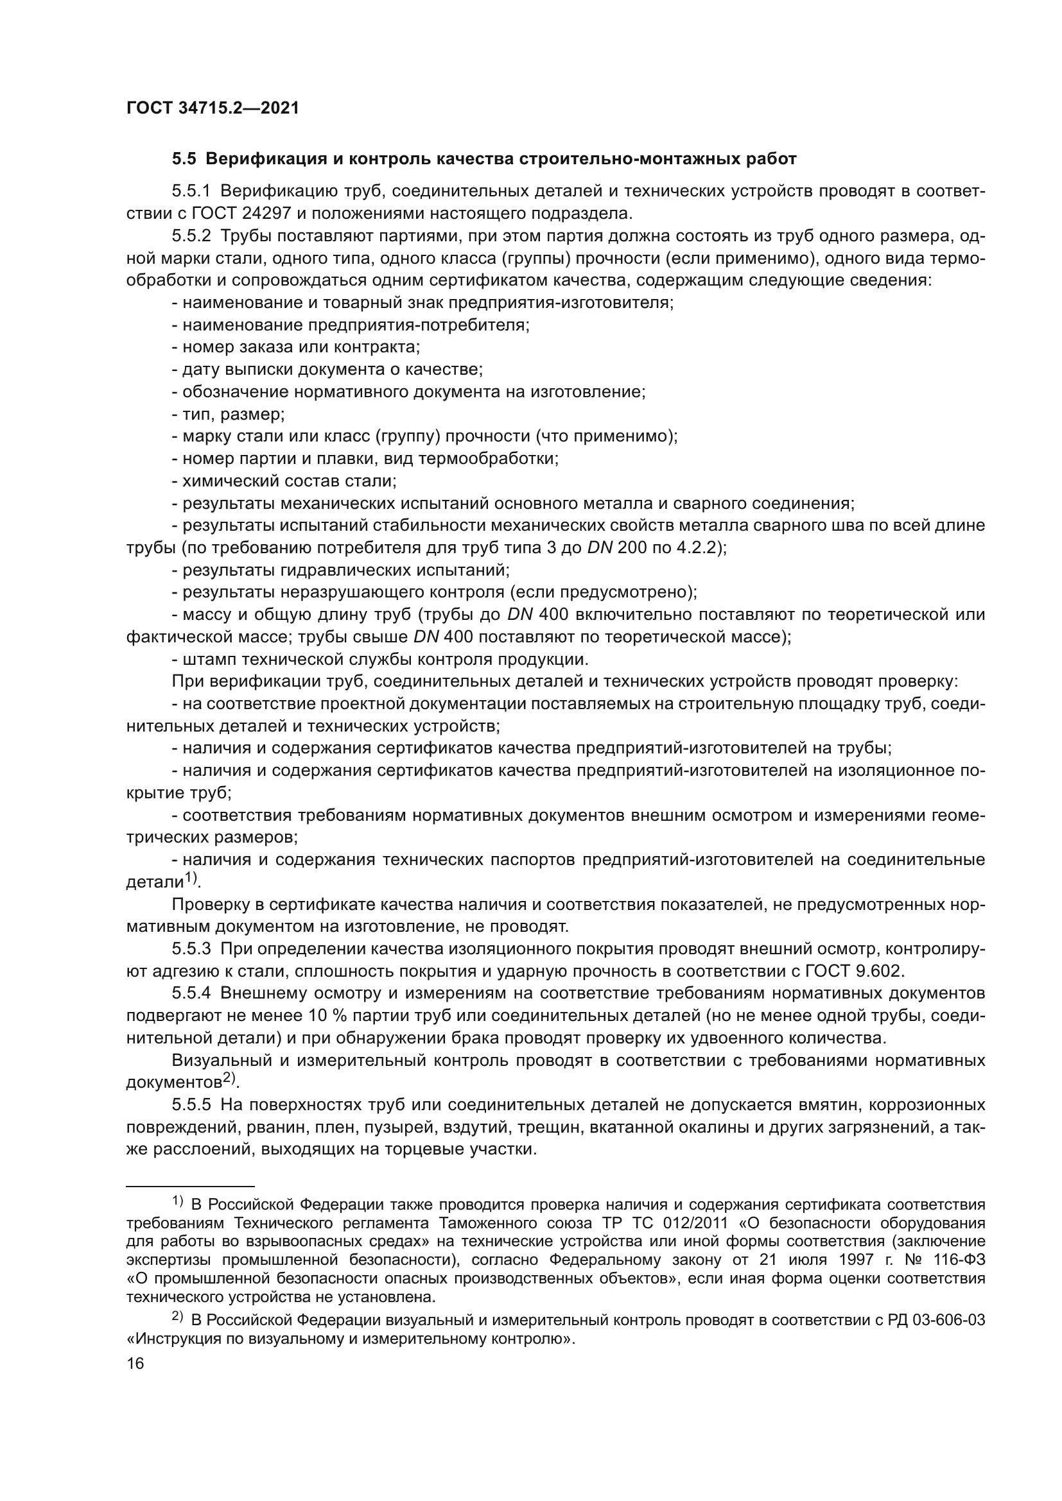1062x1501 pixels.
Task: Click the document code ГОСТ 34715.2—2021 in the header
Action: pyautogui.click(x=213, y=108)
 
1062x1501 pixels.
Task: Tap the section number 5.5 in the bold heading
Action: pyautogui.click(x=183, y=159)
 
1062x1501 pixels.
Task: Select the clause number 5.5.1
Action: pyautogui.click(x=191, y=191)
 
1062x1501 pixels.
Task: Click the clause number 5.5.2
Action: pyautogui.click(x=191, y=236)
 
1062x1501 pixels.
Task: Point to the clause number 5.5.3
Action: pyautogui.click(x=191, y=948)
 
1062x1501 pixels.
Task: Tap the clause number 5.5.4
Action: pyautogui.click(x=191, y=993)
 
